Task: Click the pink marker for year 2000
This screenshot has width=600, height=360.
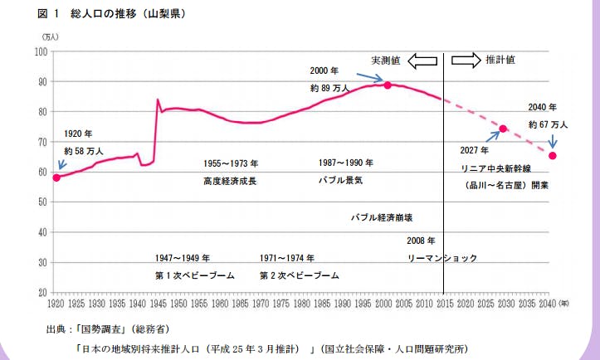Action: coord(388,85)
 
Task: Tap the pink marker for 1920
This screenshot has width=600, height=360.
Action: coord(56,178)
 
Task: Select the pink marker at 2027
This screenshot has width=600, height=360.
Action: coord(503,129)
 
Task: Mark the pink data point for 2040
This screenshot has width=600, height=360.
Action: coord(553,155)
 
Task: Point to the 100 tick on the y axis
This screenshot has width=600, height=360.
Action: coord(39,51)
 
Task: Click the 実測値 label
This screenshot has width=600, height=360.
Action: coord(386,61)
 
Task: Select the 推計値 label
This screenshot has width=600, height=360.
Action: coord(501,60)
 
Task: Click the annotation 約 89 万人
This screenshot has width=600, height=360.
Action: coord(326,88)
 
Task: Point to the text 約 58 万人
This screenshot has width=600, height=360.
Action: coord(84,152)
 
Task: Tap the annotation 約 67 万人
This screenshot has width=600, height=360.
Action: coord(548,124)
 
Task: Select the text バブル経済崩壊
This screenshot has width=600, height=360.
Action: coord(383,216)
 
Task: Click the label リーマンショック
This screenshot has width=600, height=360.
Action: coord(442,258)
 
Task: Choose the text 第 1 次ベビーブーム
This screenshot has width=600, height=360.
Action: coord(195,275)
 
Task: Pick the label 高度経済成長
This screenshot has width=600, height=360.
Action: coord(230,180)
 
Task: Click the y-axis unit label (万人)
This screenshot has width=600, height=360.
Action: coord(51,38)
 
